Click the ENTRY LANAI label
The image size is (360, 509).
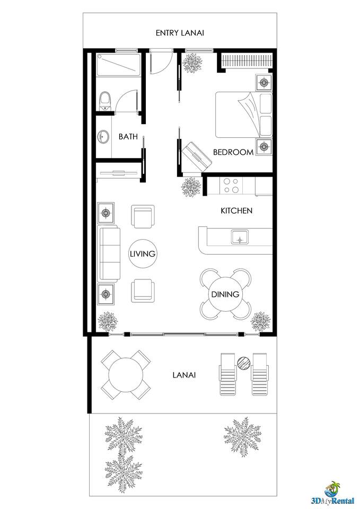[x=180, y=33]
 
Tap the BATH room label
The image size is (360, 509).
[x=128, y=137]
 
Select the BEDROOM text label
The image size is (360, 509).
[x=233, y=152]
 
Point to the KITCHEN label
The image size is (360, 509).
[x=236, y=210]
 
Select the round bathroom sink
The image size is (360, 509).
[x=103, y=137]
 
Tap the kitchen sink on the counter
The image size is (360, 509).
[x=240, y=236]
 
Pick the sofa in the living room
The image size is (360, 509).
[x=109, y=254]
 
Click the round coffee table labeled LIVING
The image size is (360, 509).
[x=143, y=253]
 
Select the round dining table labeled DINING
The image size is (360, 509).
[x=225, y=294]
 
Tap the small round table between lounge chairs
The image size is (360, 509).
[x=244, y=363]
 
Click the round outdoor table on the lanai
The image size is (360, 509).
[x=126, y=375]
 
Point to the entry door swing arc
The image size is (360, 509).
[x=165, y=67]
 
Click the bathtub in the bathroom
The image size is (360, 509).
[x=118, y=64]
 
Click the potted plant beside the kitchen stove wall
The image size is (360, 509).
[x=191, y=187]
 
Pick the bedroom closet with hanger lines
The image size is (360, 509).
[x=246, y=61]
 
